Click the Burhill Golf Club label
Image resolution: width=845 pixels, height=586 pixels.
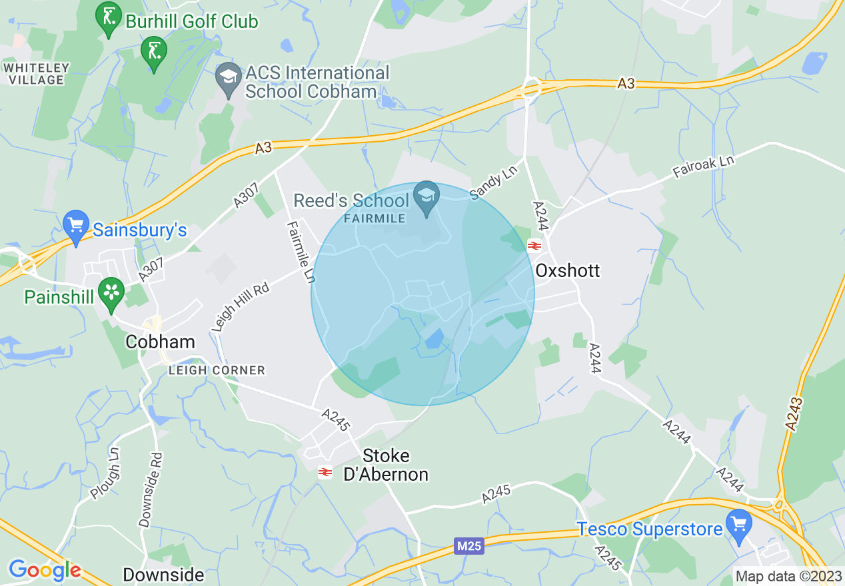192,21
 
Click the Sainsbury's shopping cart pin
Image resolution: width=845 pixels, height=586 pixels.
75,226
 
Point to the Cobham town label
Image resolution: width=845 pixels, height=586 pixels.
161,342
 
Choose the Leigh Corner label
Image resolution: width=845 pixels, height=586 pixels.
217,370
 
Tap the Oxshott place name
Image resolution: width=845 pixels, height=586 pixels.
568,270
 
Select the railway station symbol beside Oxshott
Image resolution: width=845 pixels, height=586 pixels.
534,246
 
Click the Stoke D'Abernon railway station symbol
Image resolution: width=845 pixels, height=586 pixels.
325,472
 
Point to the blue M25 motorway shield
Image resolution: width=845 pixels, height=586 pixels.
469,546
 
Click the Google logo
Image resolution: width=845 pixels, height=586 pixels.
45,570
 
